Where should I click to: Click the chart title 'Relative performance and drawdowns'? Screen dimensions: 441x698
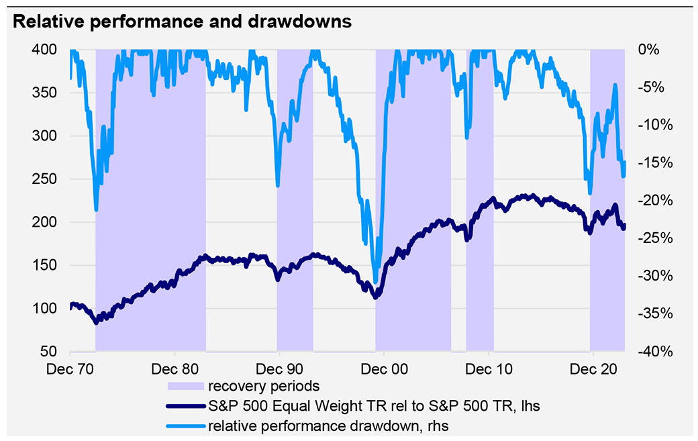pos(182,21)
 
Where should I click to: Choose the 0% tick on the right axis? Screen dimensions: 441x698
pos(648,50)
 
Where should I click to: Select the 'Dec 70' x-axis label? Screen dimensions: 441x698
pos(70,369)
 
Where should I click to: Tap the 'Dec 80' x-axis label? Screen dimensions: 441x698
pos(174,369)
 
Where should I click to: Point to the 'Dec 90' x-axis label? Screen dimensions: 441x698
pos(279,369)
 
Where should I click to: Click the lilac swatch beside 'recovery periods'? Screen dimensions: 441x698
pos(185,386)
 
